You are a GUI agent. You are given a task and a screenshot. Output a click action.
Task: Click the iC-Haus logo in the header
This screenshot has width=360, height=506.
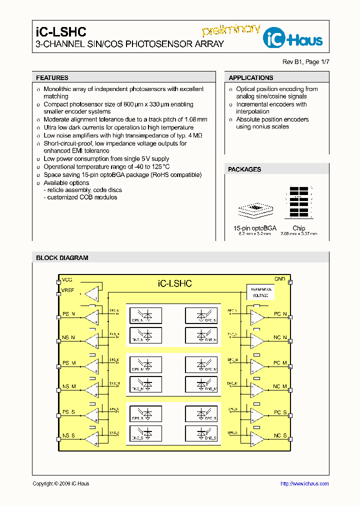pos(293,38)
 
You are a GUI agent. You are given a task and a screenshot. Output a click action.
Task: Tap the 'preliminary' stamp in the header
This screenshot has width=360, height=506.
pos(231,29)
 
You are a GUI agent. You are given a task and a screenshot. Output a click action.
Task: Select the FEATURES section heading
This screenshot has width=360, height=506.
pos(52,78)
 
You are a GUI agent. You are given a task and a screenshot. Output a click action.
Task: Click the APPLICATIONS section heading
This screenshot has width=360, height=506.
pos(251,78)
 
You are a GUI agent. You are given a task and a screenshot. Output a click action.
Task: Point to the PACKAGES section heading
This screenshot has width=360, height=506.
pos(244,169)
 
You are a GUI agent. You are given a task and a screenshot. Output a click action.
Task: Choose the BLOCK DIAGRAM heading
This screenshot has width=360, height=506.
pos(62,258)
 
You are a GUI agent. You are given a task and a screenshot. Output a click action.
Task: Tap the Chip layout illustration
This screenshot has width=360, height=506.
pos(299,202)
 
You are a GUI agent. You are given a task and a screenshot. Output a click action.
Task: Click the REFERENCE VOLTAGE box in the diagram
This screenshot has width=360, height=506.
pos(260,292)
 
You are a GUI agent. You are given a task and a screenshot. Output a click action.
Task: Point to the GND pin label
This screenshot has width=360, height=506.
pos(279,279)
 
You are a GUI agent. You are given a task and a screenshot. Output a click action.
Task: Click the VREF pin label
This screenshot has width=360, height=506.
pos(68,290)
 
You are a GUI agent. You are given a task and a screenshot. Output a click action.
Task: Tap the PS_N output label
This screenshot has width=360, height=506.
pos(68,314)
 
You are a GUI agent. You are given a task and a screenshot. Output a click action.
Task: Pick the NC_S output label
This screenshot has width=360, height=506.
pos(280,436)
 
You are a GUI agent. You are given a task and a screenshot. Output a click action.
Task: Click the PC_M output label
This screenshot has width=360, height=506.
pos(280,363)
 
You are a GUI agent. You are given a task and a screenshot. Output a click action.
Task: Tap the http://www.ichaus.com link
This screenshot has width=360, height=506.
pos(304,483)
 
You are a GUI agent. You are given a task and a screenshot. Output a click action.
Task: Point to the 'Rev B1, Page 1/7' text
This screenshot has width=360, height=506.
pos(306,62)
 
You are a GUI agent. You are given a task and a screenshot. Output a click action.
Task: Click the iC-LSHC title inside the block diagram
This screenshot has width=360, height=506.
pos(174,283)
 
